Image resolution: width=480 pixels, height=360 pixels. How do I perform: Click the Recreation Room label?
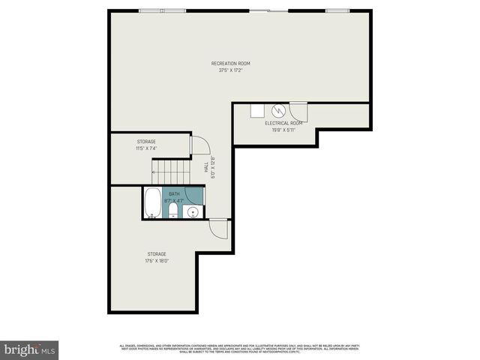tap(229, 64)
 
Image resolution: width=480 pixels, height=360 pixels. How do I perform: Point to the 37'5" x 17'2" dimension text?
tap(229, 71)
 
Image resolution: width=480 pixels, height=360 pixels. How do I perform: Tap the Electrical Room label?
tap(284, 122)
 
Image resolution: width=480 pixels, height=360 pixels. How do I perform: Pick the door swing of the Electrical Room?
tap(298, 109)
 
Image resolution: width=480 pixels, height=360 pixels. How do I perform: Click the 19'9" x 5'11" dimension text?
tap(284, 129)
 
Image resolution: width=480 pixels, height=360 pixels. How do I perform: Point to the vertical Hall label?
tap(206, 168)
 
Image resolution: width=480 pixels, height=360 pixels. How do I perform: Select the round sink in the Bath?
tap(192, 212)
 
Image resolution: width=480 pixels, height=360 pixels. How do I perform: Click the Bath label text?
tap(174, 194)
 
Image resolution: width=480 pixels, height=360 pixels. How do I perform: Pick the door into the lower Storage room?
tap(218, 227)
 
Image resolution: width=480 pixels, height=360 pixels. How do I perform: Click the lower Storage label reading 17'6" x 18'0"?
tap(156, 257)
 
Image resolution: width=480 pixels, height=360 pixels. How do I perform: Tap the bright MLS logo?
tap(30, 349)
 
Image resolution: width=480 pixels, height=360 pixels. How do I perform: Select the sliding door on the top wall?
tap(268, 10)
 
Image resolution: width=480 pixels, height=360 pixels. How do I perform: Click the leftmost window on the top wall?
tap(149, 10)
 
